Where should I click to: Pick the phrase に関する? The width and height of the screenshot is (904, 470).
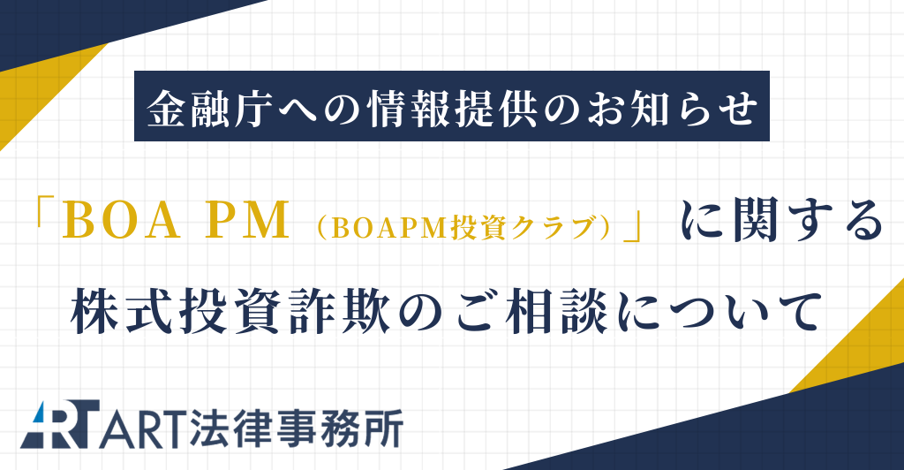[781, 220]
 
